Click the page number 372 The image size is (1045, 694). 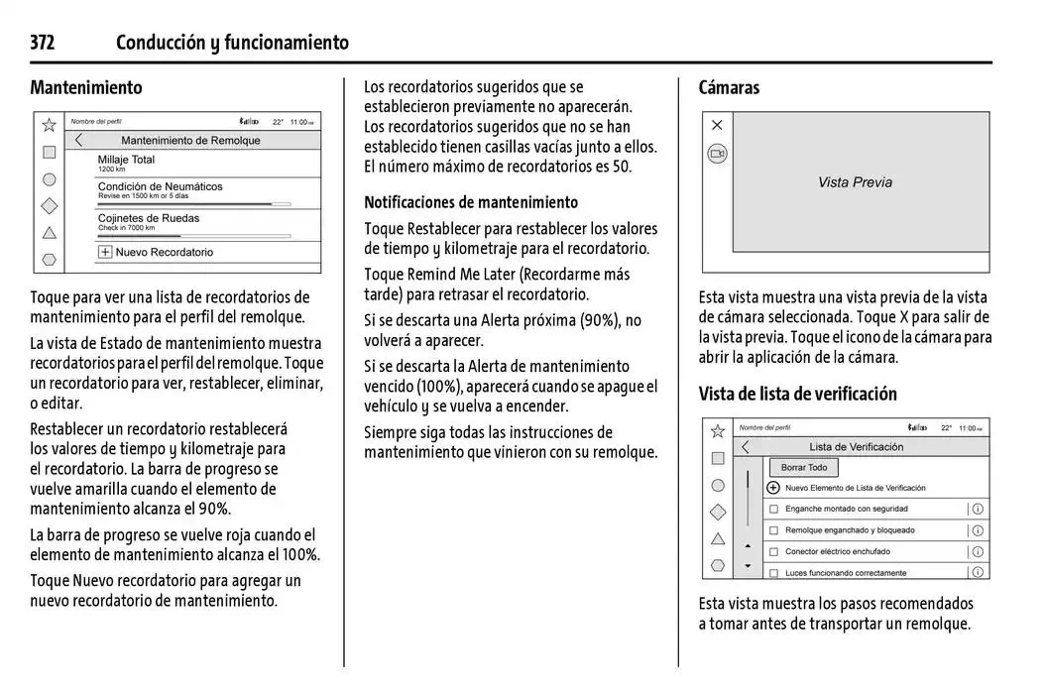point(43,43)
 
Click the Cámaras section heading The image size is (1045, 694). point(729,87)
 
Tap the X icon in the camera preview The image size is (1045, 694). point(717,125)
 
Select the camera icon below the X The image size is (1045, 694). point(717,154)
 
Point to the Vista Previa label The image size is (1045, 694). point(855,182)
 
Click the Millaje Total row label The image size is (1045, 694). point(126,160)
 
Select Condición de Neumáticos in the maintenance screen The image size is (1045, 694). point(160,186)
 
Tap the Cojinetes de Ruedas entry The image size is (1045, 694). point(148,218)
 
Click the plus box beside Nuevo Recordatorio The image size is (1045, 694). point(104,252)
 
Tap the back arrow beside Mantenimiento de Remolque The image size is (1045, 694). point(79,141)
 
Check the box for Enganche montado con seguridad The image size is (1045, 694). point(773,509)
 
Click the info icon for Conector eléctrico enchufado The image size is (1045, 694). point(978,551)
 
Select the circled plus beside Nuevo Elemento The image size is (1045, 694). point(773,488)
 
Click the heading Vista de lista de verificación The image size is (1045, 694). point(797,394)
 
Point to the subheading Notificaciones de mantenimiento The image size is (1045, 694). point(471,202)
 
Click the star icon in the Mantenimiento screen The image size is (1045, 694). point(49,125)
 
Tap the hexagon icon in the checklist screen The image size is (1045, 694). point(718,566)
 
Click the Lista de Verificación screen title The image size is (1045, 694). point(856,447)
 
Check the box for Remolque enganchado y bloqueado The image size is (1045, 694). point(773,530)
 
